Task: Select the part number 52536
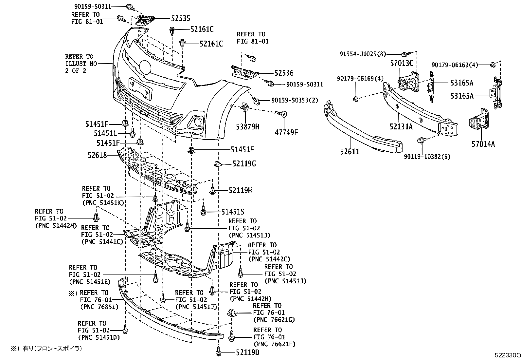click(x=284, y=73)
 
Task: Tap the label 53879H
click(x=248, y=126)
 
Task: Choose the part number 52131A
click(x=401, y=126)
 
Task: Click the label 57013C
click(x=402, y=64)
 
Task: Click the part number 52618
click(x=97, y=155)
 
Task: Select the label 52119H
click(x=240, y=190)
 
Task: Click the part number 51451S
click(x=233, y=212)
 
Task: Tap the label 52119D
click(x=247, y=352)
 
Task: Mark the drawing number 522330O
click(x=507, y=355)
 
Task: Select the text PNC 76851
click(x=99, y=307)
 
